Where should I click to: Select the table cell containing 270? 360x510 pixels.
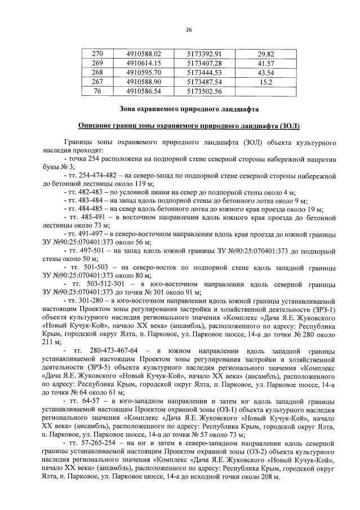coord(97,54)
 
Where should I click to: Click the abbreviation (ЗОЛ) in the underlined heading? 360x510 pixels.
coord(287,126)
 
